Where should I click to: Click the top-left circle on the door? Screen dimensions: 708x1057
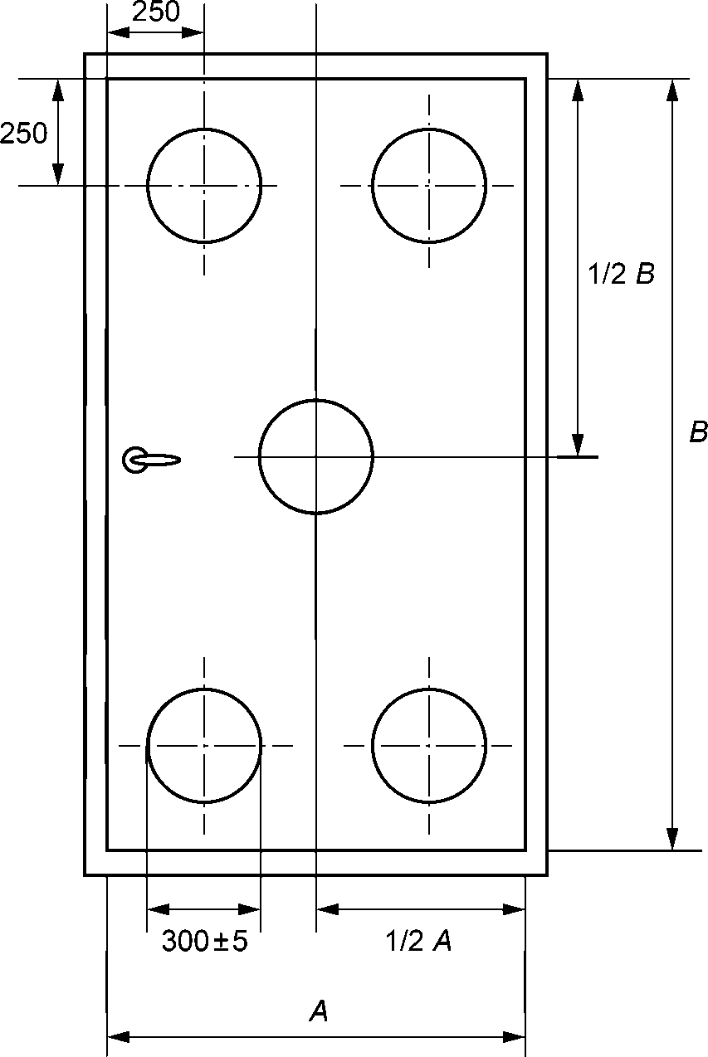pos(204,185)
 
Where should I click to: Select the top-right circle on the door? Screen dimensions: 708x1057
pos(429,185)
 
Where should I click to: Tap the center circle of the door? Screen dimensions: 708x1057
pos(316,456)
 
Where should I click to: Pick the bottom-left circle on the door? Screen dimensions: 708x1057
pos(204,745)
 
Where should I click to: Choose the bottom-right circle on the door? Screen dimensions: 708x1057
pos(429,745)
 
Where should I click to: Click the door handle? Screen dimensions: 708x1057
pos(153,460)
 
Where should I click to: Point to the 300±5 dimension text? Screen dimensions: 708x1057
pos(204,942)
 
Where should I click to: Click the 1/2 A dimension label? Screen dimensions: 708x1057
pos(418,942)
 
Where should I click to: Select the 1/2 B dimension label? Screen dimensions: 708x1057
pos(622,275)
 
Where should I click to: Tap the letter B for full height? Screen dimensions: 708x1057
pos(698,431)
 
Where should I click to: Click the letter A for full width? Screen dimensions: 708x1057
pos(318,1011)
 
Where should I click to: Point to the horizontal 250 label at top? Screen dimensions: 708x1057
pos(156,12)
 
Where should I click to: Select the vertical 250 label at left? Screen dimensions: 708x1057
pos(24,133)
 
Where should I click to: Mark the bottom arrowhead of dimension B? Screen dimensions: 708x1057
pos(672,840)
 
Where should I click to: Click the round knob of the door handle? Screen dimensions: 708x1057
pos(134,460)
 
